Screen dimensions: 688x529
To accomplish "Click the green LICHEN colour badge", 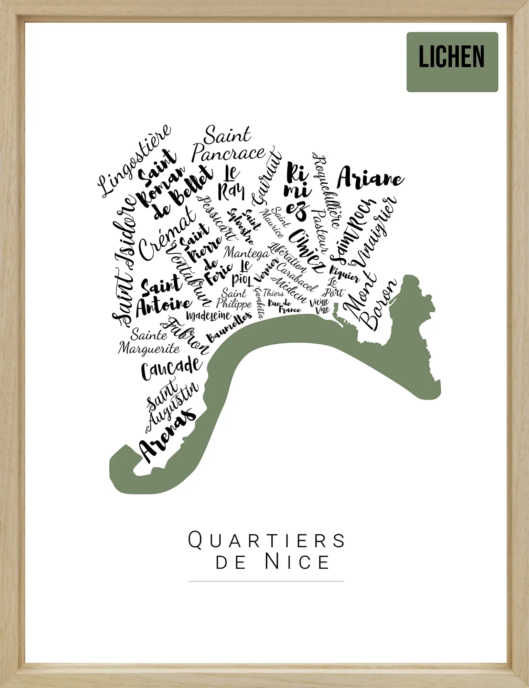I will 452,62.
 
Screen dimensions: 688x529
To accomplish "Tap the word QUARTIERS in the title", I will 266,540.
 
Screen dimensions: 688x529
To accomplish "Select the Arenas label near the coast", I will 167,435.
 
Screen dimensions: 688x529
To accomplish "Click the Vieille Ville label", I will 320,306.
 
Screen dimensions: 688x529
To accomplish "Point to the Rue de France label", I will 284,307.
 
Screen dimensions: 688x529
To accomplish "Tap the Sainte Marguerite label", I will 149,342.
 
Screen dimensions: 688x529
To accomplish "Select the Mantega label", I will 246,253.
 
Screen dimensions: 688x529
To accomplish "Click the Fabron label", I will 186,337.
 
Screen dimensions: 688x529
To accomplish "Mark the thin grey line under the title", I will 266,581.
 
